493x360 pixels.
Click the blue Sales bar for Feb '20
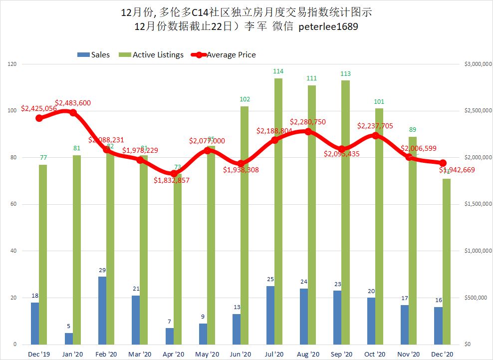(102, 310)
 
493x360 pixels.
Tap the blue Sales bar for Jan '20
(68, 339)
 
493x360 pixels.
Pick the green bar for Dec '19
(43, 254)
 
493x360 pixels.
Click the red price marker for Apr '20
(174, 173)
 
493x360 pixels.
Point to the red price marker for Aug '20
(308, 131)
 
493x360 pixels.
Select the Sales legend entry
(100, 54)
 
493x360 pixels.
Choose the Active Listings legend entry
(158, 54)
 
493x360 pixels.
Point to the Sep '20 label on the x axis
(341, 354)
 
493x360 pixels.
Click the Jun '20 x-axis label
(240, 354)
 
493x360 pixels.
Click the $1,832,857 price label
(171, 180)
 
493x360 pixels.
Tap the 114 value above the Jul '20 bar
(278, 71)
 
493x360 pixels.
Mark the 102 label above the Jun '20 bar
(245, 99)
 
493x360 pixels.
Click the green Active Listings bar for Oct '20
(379, 226)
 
